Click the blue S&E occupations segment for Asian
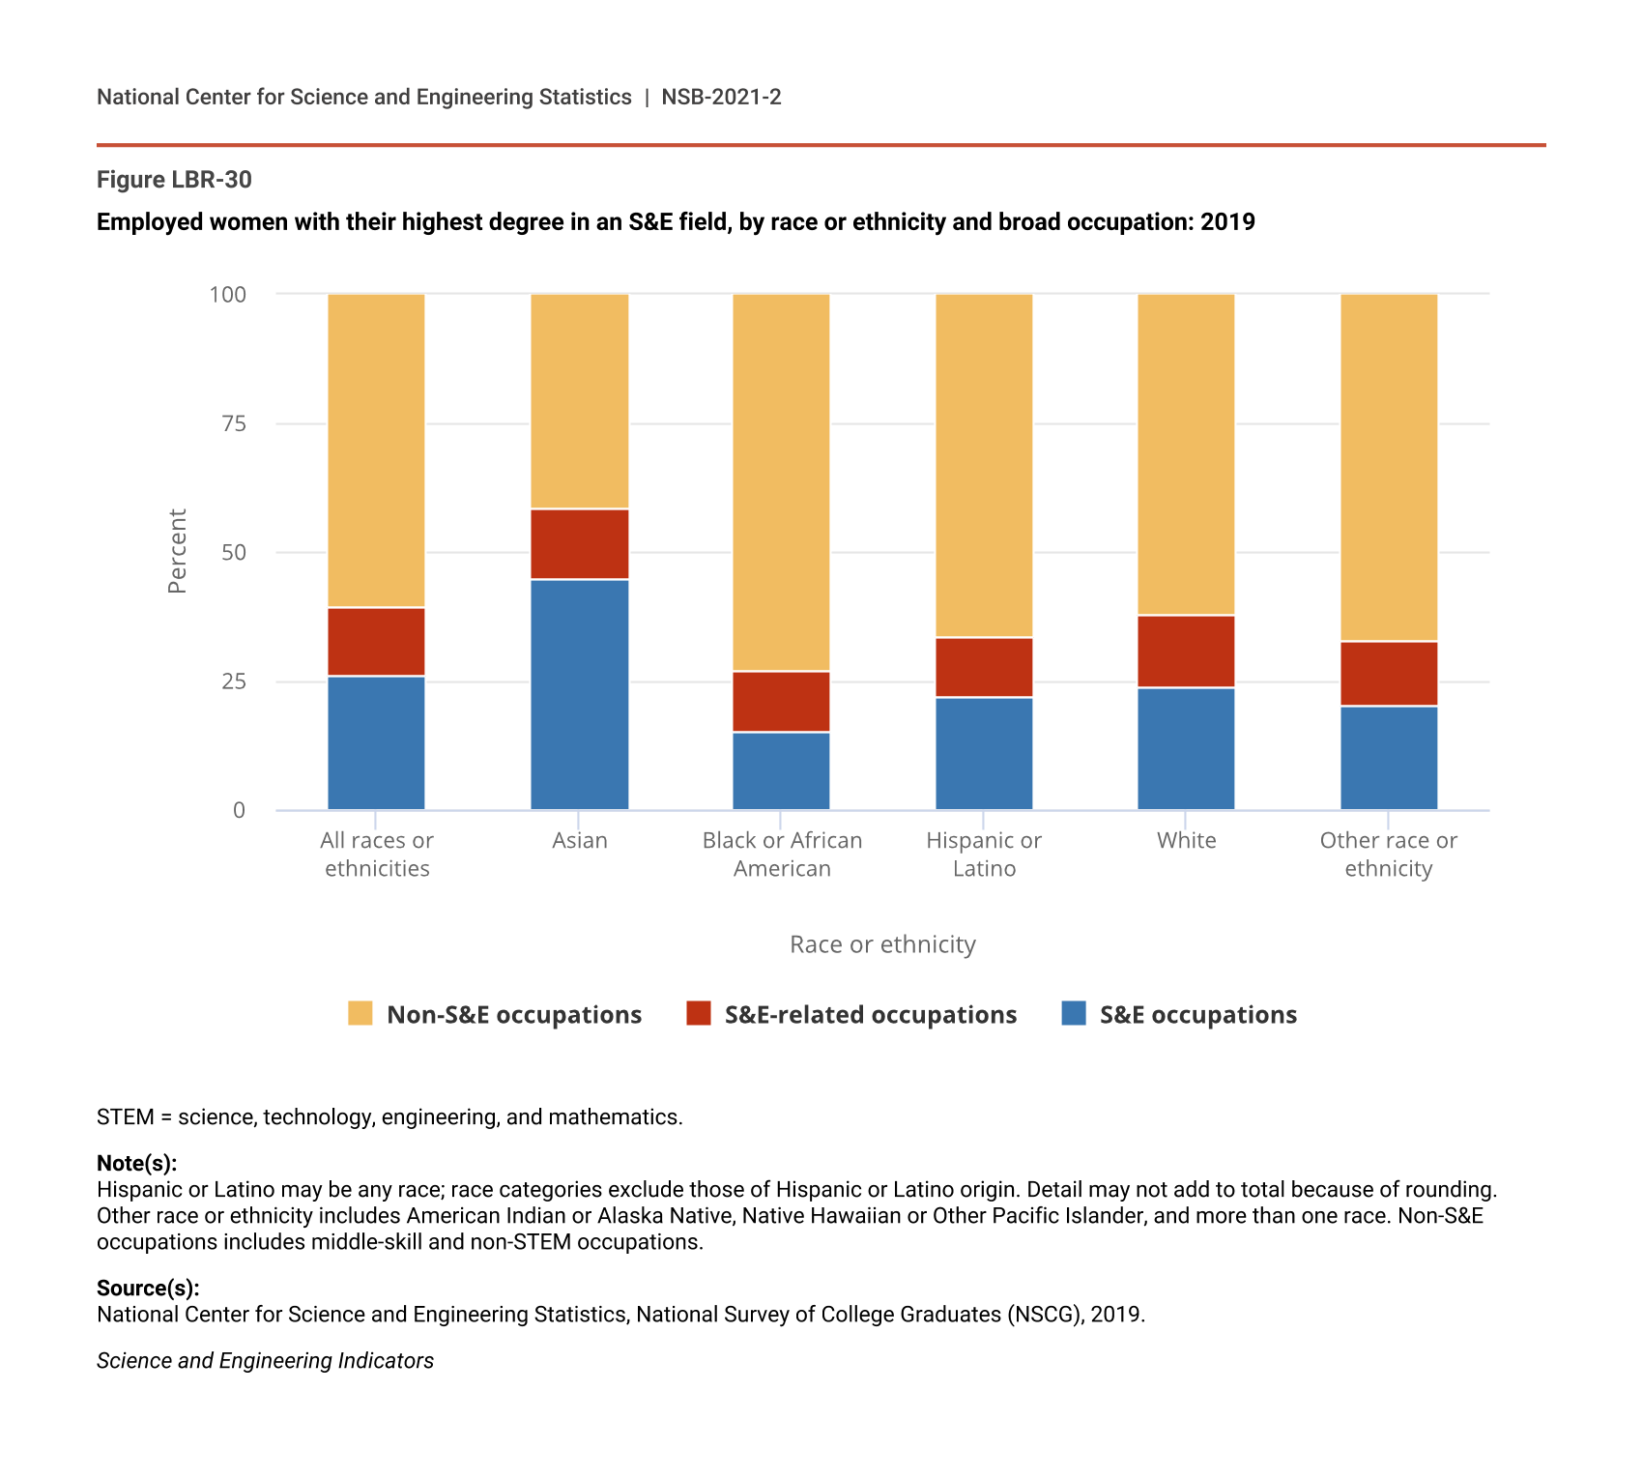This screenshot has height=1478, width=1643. pyautogui.click(x=580, y=694)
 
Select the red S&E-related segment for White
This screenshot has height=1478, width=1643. pyautogui.click(x=1186, y=652)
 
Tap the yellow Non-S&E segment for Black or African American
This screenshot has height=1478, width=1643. pyautogui.click(x=781, y=481)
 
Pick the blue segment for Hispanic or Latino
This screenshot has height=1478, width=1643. pyautogui.click(x=984, y=753)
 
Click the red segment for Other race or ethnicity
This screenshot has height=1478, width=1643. pyautogui.click(x=1389, y=674)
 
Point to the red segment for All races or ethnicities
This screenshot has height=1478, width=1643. pyautogui.click(x=376, y=642)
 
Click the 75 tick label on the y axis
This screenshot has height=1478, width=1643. pyautogui.click(x=234, y=423)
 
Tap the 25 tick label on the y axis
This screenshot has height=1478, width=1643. pyautogui.click(x=234, y=681)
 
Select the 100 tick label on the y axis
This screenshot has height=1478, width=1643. pyautogui.click(x=228, y=294)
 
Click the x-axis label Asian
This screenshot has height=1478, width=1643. pyautogui.click(x=580, y=840)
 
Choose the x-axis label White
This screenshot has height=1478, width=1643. pyautogui.click(x=1186, y=840)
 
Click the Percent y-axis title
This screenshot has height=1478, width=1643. pyautogui.click(x=177, y=551)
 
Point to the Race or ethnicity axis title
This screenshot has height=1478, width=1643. pyautogui.click(x=882, y=944)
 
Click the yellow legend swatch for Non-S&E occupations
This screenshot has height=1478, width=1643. pyautogui.click(x=360, y=1013)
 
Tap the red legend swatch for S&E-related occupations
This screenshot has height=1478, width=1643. pyautogui.click(x=698, y=1013)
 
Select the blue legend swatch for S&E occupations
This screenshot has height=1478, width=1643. pyautogui.click(x=1074, y=1013)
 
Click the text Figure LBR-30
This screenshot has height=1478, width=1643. pyautogui.click(x=174, y=180)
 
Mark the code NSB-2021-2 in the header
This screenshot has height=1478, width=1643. pyautogui.click(x=721, y=97)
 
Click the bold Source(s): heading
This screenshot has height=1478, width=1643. pyautogui.click(x=148, y=1288)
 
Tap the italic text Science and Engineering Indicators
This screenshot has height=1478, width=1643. pyautogui.click(x=265, y=1360)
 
